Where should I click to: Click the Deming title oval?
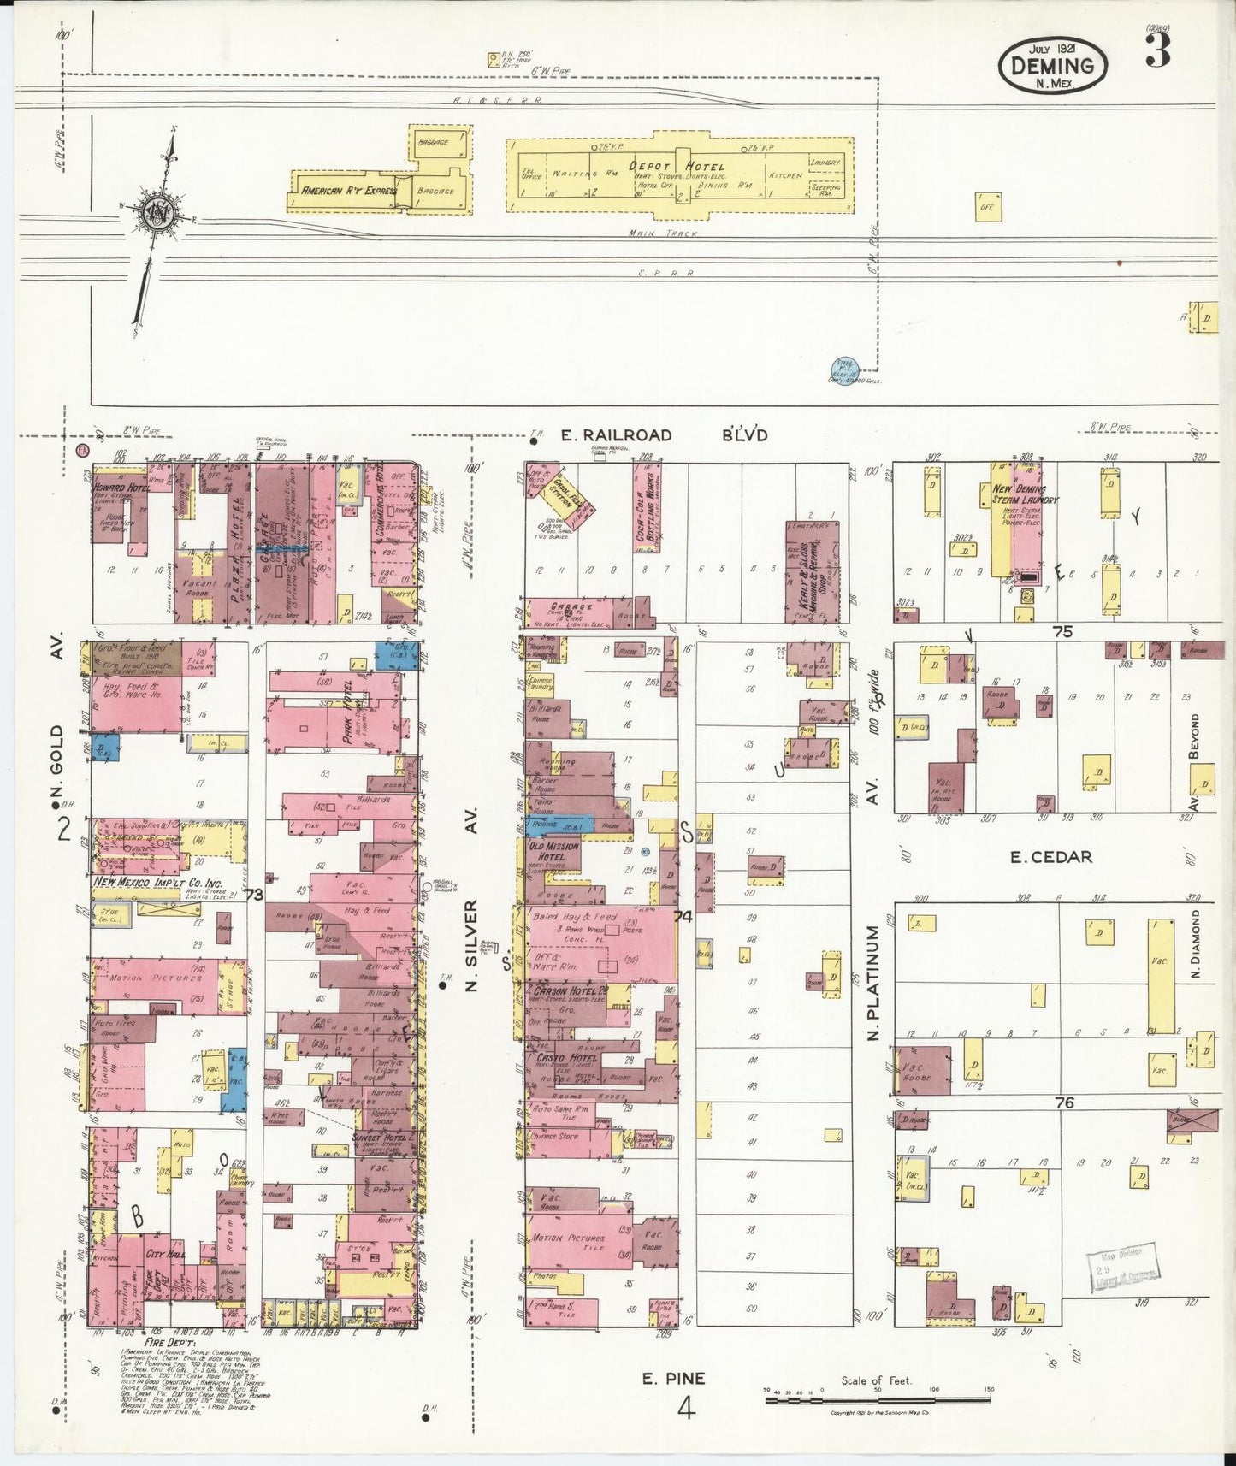coord(1052,66)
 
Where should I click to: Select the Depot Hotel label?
coord(676,167)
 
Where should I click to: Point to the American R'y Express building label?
coord(343,191)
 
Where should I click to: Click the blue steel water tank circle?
coord(844,370)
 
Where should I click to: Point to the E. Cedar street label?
coord(1050,856)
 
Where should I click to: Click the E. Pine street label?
coord(674,1378)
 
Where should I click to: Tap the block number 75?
coord(1062,632)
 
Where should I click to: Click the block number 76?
coord(1063,1103)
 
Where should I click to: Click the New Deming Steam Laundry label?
coord(1025,494)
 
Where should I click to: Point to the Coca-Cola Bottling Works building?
coord(648,518)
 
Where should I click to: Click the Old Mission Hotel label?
coord(555,850)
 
